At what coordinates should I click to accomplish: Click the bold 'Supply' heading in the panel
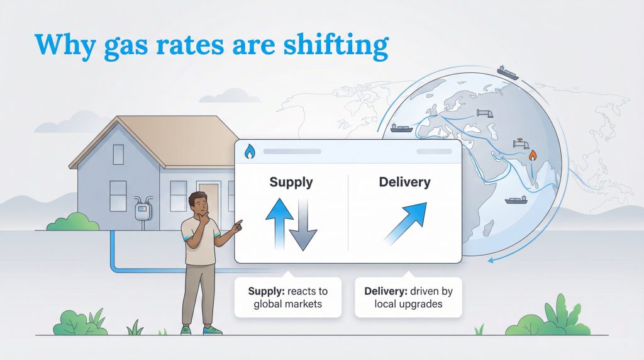tap(291, 183)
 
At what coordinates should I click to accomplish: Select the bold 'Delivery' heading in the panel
tap(404, 183)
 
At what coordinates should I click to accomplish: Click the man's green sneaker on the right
tap(213, 329)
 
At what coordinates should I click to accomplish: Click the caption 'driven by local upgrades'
tap(408, 298)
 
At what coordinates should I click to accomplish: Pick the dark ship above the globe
tap(508, 71)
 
